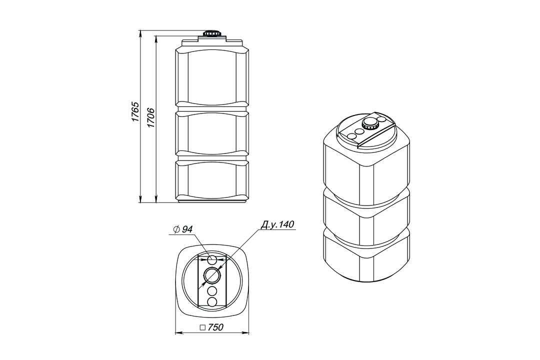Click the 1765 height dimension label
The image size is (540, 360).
pos(134,111)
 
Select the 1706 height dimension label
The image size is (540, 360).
pos(150,118)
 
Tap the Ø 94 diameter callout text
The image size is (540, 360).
pos(183,229)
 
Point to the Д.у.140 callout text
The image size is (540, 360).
pos(277,224)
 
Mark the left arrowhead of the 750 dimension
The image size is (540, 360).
pos(178,333)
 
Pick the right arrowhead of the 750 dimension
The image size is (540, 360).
pos(245,333)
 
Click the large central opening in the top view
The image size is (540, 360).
pos(212,275)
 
